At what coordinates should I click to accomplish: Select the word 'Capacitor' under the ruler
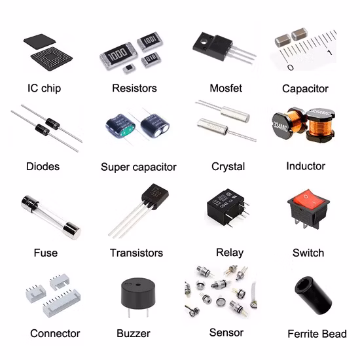tap(305, 88)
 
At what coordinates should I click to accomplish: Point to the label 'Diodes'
tap(43, 166)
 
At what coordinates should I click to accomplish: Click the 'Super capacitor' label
tap(138, 167)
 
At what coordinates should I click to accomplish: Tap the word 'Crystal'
tap(227, 166)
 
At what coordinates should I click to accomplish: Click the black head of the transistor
tap(154, 195)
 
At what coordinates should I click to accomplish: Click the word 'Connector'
tap(55, 333)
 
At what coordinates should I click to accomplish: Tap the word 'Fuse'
tap(46, 253)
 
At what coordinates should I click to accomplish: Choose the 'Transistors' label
tap(136, 253)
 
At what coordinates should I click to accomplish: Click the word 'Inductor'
tap(306, 166)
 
